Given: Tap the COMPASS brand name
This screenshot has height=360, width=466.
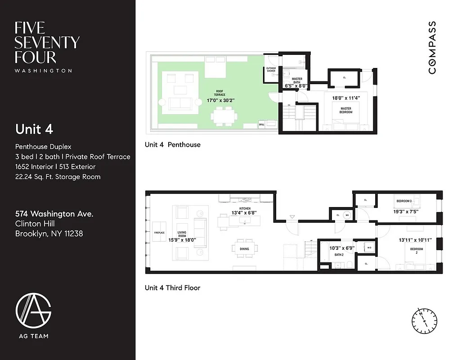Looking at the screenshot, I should pos(432,48).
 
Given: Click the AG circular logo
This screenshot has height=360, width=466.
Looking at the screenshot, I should pos(33,311).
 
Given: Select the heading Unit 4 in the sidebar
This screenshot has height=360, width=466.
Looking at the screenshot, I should pos(34,129).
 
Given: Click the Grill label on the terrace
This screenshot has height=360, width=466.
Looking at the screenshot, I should pos(261,124).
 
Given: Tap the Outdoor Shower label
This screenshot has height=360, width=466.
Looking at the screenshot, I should pos(271,70).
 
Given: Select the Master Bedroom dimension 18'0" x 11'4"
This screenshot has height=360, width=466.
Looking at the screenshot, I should pos(346,97).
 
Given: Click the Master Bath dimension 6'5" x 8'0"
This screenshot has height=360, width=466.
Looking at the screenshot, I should pos(296,85).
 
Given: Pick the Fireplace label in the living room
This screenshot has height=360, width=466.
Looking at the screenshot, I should pos(160,233).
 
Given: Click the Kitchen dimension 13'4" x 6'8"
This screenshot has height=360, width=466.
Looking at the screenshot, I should pos(245,213).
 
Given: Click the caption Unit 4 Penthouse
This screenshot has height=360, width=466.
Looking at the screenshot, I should pos(172,144).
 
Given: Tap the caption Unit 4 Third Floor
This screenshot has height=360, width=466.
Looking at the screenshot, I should pos(172,288).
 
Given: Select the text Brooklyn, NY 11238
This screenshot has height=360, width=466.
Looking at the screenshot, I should pos(49,234).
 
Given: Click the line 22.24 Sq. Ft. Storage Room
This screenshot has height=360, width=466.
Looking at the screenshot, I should pos(58,176).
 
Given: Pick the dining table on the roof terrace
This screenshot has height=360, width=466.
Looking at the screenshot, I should pos(224,116).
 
